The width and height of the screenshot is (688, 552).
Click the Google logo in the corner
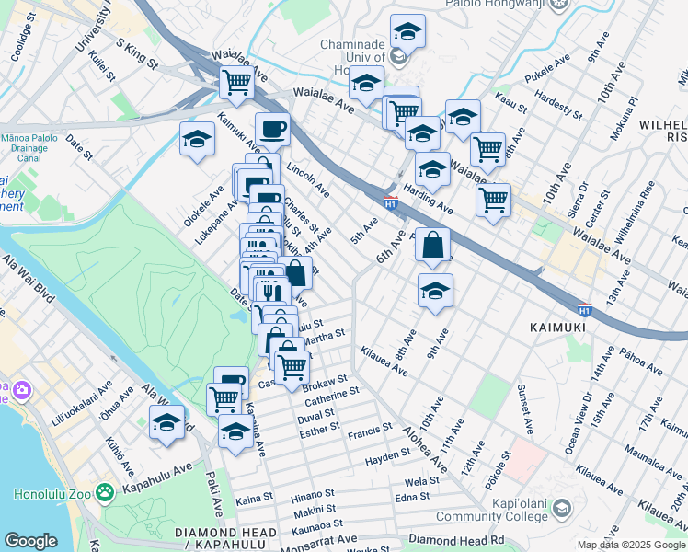pyautogui.click(x=30, y=541)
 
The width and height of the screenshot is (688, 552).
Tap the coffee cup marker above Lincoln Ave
pyautogui.click(x=271, y=130)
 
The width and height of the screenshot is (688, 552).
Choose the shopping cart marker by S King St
pyautogui.click(x=237, y=82)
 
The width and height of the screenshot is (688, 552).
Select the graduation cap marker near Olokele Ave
pyautogui.click(x=197, y=139)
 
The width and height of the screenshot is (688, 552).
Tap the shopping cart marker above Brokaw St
pyautogui.click(x=292, y=366)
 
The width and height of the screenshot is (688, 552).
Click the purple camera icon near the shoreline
pyautogui.click(x=19, y=391)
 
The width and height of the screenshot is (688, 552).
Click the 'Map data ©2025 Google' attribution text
pyautogui.click(x=630, y=545)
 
